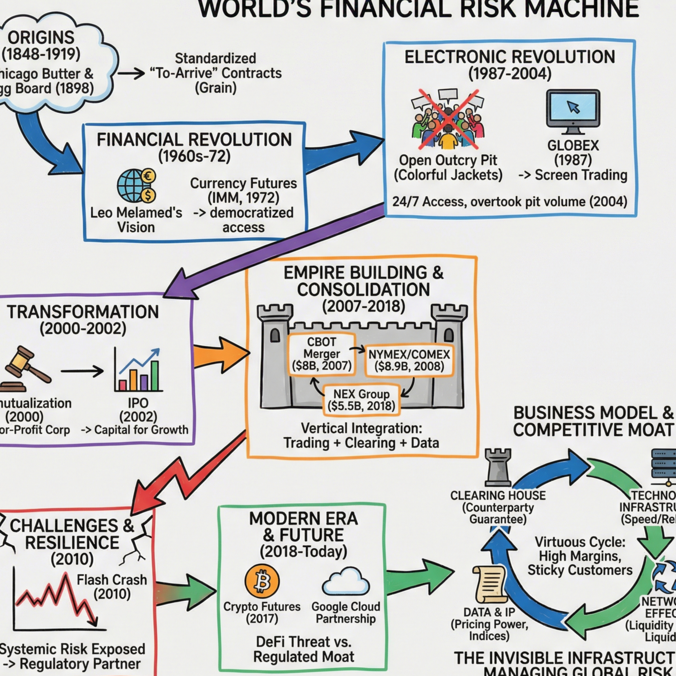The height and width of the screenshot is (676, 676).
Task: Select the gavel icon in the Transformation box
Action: pyautogui.click(x=25, y=369)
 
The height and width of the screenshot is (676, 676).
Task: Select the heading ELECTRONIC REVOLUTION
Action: pyautogui.click(x=509, y=57)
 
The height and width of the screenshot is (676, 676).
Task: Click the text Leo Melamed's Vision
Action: pyautogui.click(x=136, y=220)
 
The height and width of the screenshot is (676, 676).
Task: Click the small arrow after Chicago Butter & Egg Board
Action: pyautogui.click(x=131, y=73)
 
